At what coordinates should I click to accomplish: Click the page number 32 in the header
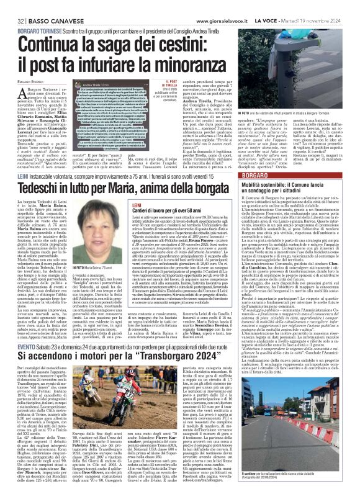coord(12,6)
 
